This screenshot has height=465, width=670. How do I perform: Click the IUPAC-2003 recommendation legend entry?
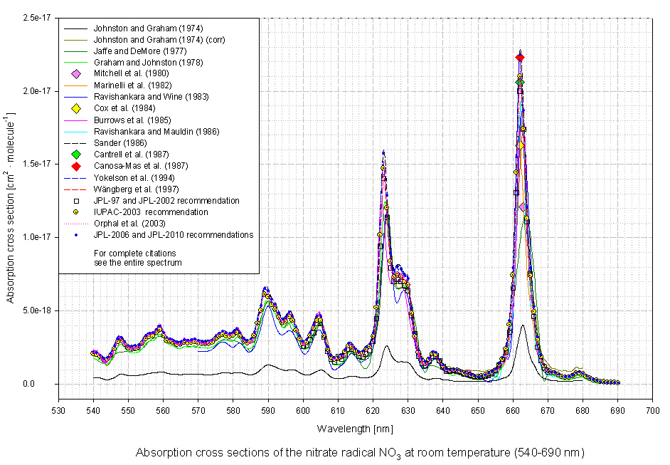click(x=151, y=212)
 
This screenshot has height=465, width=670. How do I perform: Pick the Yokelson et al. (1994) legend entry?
click(x=129, y=177)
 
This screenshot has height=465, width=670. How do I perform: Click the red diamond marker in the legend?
click(x=75, y=166)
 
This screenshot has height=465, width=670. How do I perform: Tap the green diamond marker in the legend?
click(x=75, y=155)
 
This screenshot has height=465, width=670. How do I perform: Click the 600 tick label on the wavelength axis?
click(x=302, y=412)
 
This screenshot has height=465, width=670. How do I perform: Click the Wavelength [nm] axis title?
click(x=355, y=429)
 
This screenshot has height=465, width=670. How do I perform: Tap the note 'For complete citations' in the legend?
click(x=135, y=253)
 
